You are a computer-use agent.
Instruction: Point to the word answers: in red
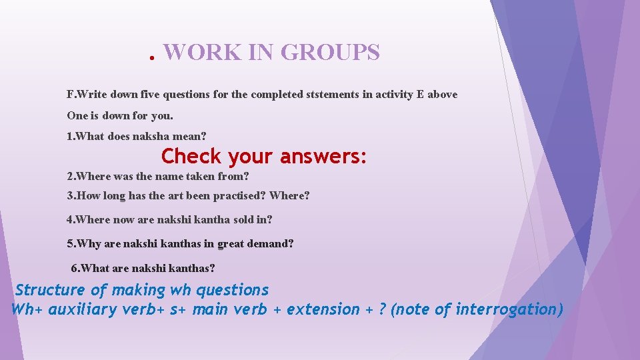(323, 157)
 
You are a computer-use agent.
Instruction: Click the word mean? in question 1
(190, 136)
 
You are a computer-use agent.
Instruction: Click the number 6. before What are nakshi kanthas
(75, 268)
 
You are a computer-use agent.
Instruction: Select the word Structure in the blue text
(50, 290)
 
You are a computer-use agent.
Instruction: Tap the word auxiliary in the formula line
(81, 309)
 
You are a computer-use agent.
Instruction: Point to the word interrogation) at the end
(509, 309)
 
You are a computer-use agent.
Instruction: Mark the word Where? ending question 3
(289, 196)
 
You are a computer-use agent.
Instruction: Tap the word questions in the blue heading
(233, 290)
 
